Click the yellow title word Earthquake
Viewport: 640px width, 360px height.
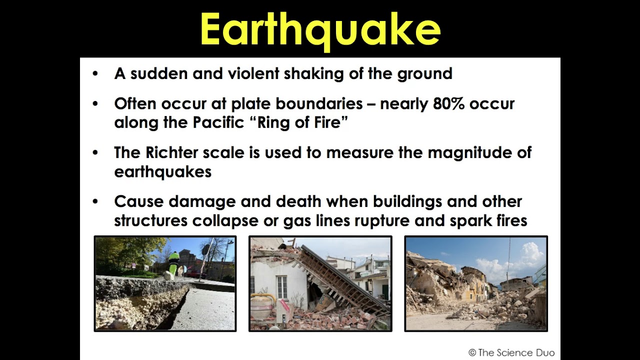click(x=320, y=30)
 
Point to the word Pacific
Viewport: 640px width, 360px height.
click(x=218, y=123)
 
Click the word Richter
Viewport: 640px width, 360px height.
click(x=170, y=153)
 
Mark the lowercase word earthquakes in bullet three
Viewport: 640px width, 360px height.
click(x=162, y=172)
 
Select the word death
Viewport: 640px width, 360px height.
click(x=298, y=201)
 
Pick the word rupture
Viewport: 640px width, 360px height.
click(x=383, y=221)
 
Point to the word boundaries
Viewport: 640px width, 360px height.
click(x=319, y=104)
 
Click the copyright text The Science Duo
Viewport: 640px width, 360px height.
click(x=511, y=352)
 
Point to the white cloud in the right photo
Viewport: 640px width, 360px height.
click(x=520, y=260)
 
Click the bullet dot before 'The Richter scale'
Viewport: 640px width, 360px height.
click(x=95, y=153)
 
